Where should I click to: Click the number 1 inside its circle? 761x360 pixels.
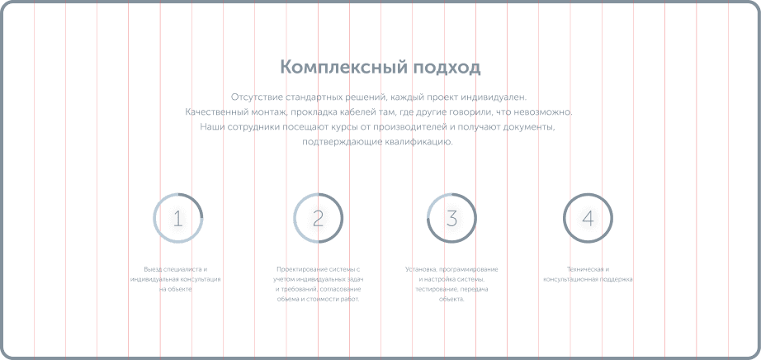177,218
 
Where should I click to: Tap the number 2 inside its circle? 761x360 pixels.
319,218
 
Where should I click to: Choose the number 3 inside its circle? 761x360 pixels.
451,218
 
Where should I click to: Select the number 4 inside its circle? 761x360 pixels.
588,218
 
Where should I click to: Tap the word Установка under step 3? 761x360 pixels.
420,269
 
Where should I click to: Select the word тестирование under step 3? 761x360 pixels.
433,289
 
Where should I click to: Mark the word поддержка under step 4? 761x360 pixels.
617,279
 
